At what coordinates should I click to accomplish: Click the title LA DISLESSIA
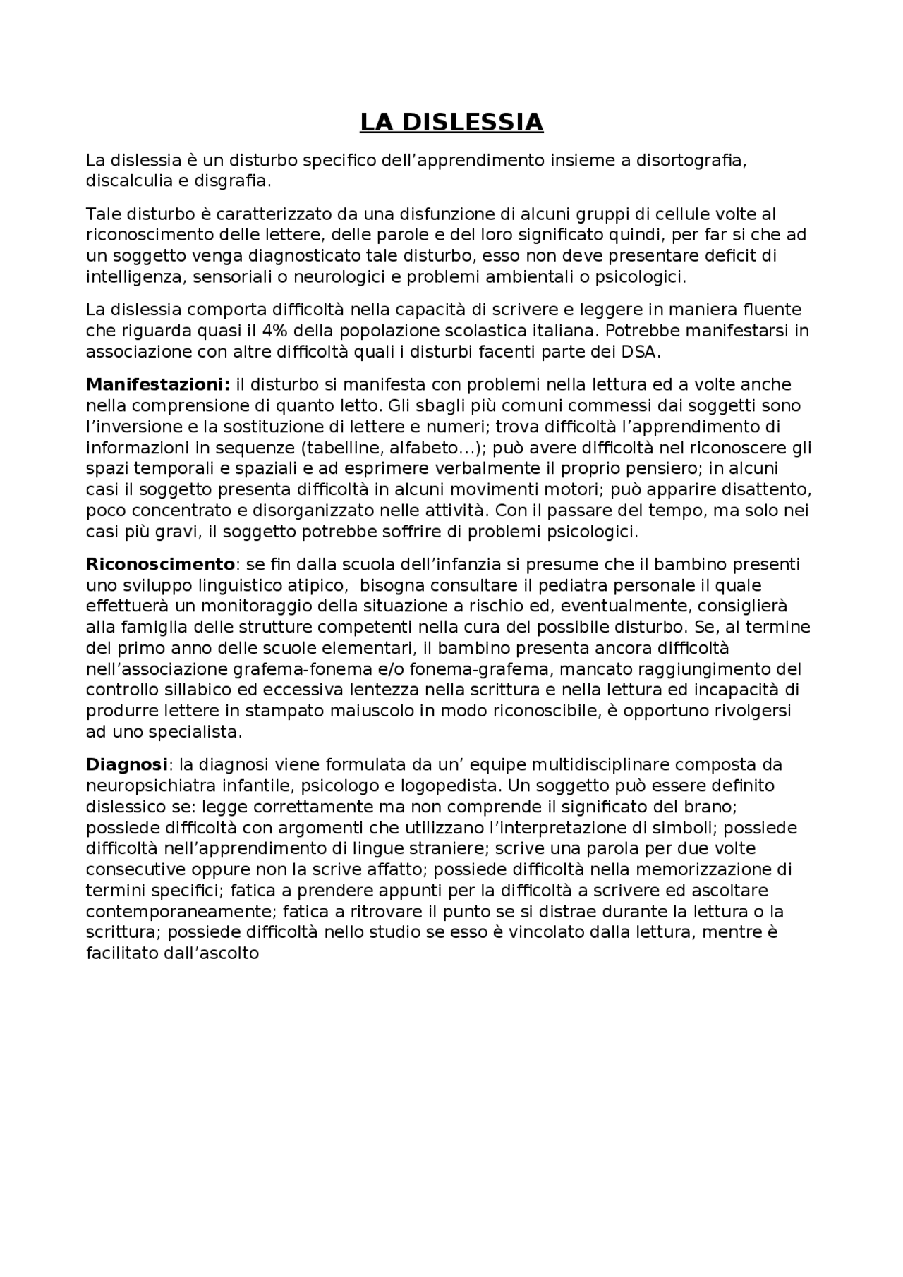coord(451,123)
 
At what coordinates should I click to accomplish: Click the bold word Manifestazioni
coord(157,385)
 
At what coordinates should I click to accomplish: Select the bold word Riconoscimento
coord(160,564)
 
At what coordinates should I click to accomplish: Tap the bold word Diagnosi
coord(126,764)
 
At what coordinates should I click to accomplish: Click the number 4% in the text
coord(280,331)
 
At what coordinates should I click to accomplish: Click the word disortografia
coord(690,160)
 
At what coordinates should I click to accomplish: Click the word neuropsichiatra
coord(150,786)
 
